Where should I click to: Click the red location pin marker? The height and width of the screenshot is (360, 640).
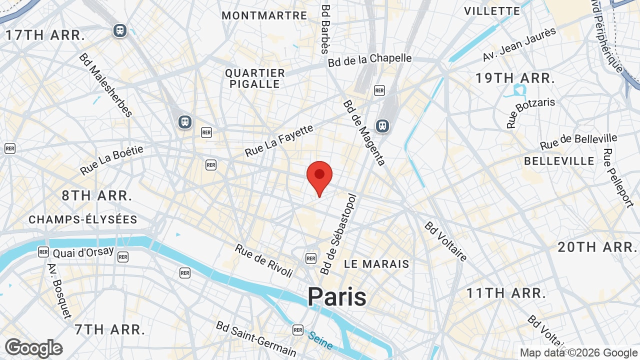tap(319, 176)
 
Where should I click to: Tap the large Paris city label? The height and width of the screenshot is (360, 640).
tap(336, 296)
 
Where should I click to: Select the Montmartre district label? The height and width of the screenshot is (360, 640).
tap(264, 15)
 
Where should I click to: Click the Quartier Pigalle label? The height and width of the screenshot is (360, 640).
tap(254, 78)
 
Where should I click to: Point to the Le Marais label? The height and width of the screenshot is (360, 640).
tap(376, 264)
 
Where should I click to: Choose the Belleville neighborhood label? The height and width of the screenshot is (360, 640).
tap(559, 161)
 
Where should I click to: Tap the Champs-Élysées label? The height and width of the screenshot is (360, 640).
tap(83, 219)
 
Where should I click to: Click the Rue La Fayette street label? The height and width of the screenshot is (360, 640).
tap(279, 140)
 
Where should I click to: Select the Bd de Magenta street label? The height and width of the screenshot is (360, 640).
tap(364, 132)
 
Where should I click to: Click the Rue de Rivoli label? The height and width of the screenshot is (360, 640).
tap(264, 260)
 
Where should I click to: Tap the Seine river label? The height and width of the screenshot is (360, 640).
tap(320, 340)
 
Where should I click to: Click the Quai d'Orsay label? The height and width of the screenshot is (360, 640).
tap(83, 252)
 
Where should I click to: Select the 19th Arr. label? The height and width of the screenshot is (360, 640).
tap(514, 78)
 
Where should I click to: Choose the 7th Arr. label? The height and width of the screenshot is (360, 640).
tap(109, 329)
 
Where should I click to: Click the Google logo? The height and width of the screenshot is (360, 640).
tap(34, 348)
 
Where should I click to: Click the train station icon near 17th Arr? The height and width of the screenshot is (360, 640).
tap(119, 30)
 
